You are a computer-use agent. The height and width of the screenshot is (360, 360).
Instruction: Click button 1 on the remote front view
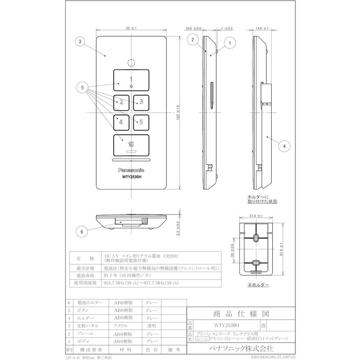(x=131, y=80)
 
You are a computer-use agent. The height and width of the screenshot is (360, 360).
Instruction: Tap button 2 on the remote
(x=121, y=102)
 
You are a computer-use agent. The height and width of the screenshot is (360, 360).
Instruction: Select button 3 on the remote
(x=141, y=102)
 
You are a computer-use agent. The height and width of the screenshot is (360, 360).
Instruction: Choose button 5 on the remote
(x=141, y=122)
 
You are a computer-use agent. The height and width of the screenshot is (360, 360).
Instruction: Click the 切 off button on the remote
(x=131, y=145)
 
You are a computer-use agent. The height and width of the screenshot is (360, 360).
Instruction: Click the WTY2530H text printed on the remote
(x=131, y=178)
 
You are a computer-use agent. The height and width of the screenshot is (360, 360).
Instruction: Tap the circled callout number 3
(x=80, y=41)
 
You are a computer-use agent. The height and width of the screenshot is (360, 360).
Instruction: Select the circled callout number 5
(x=82, y=88)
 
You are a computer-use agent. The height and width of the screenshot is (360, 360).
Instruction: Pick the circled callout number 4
(x=284, y=146)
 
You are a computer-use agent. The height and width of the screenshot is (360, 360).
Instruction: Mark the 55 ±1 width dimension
(x=131, y=29)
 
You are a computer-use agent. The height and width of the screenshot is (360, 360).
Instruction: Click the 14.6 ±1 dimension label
(x=261, y=29)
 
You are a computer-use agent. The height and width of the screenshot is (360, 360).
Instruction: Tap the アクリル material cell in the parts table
(x=121, y=326)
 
